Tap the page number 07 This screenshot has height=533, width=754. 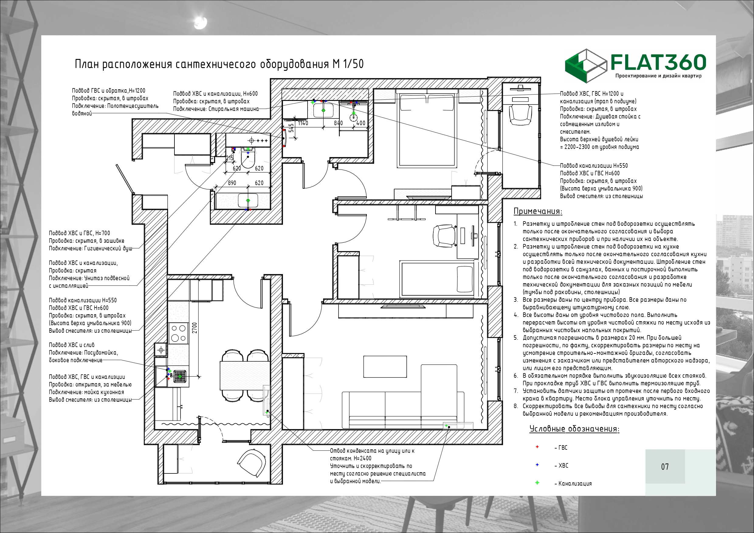[665, 467]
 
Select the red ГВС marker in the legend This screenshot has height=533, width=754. [537, 447]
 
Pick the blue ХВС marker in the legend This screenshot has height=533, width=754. [537, 465]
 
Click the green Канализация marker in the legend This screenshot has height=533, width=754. [537, 483]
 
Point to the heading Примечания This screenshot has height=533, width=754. [538, 211]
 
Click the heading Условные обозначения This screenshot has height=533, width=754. [574, 428]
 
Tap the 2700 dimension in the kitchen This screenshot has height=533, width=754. [195, 328]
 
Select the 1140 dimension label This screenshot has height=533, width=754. [303, 123]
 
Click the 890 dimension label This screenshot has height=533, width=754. [232, 183]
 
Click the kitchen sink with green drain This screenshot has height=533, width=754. [180, 376]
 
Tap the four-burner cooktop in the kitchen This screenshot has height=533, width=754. [178, 333]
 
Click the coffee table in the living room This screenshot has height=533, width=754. [385, 366]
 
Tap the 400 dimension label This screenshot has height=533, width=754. [360, 123]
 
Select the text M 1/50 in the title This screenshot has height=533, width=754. [348, 64]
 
